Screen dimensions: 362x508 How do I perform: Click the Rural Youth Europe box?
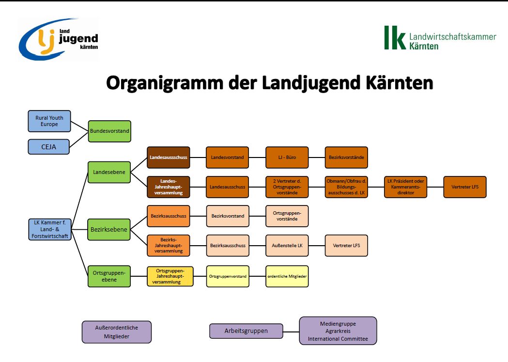(49, 121)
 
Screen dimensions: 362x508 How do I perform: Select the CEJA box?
(49, 146)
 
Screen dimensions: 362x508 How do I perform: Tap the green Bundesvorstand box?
(109, 131)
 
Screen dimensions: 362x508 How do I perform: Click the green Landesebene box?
(109, 172)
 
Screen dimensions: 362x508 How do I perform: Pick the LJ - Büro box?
(287, 157)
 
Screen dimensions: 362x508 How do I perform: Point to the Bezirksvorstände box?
(346, 157)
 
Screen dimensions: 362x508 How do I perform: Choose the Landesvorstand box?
(228, 157)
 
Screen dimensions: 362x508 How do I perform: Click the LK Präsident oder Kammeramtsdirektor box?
(405, 187)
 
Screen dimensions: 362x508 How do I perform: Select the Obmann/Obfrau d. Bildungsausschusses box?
(346, 187)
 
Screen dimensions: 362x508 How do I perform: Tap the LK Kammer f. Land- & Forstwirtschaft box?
(49, 229)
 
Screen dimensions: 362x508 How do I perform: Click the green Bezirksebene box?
(109, 229)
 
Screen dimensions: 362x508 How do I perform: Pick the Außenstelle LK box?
(287, 246)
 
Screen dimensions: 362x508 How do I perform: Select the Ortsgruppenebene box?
(109, 276)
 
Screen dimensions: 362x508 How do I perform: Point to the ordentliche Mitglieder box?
(287, 276)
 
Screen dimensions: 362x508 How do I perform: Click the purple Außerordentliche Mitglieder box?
(117, 332)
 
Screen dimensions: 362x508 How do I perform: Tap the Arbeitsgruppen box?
(246, 331)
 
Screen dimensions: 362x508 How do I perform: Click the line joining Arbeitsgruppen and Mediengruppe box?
(291, 331)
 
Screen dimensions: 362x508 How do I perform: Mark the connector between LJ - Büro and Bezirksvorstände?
(316, 157)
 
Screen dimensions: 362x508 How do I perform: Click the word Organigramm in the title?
(166, 83)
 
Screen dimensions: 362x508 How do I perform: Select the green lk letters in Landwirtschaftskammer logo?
(395, 38)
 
